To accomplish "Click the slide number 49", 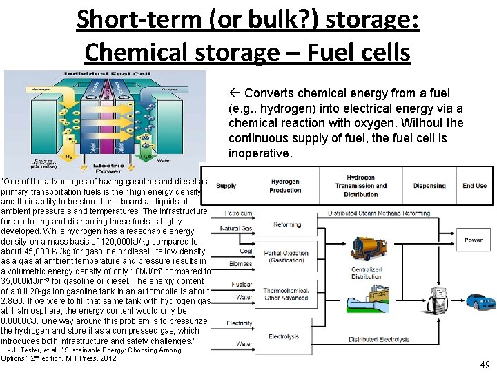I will click(485, 364).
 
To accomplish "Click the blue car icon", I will click(476, 301).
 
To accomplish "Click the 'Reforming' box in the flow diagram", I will click(287, 224).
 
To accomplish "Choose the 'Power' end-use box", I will click(474, 240).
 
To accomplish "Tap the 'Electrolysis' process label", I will click(284, 336).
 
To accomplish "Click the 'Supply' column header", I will click(226, 186).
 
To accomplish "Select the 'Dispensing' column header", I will click(429, 186).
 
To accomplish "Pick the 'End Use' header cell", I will click(474, 186).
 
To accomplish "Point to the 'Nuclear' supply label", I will click(242, 284).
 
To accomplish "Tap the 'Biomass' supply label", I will click(240, 263).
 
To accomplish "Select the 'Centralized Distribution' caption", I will click(367, 274).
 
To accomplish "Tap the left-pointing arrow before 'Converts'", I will click(235, 93).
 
